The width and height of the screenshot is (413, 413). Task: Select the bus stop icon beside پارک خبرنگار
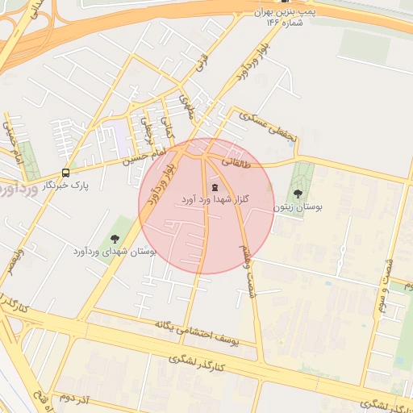[65, 173]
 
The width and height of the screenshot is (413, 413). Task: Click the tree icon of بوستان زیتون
[298, 194]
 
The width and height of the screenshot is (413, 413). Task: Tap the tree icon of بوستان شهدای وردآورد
[114, 239]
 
